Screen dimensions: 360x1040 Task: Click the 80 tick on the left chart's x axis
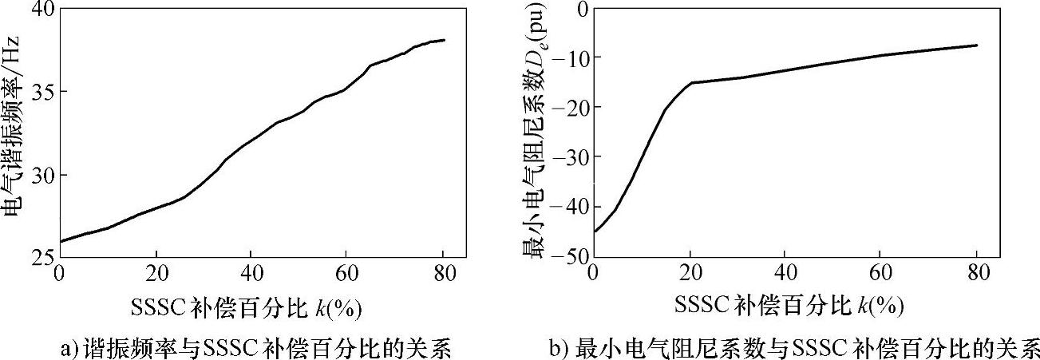[443, 273]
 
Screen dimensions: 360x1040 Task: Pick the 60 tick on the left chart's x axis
[347, 273]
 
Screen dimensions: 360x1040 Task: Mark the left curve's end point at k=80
[444, 40]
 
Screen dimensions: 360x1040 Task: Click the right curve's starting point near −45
[595, 231]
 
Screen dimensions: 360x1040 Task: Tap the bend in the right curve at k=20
[691, 82]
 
